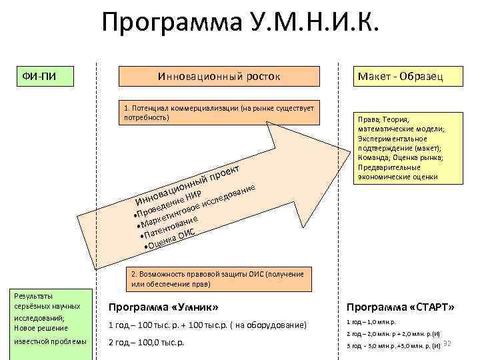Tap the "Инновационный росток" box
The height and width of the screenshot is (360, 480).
(219, 77)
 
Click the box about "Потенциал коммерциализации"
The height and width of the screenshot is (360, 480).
(219, 113)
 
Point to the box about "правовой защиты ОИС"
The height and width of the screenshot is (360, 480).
(219, 279)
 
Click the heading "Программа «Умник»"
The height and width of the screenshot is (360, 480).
(163, 307)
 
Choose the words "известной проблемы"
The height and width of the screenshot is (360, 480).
(50, 342)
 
